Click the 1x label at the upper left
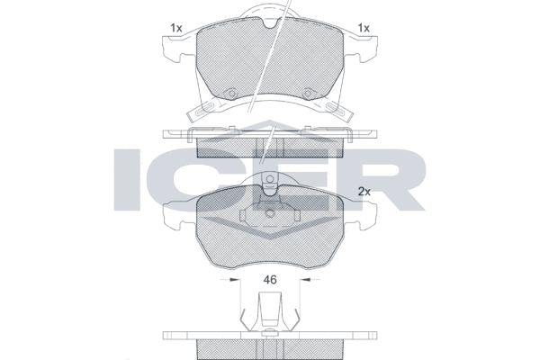tap(176, 28)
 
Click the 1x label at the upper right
tap(364, 28)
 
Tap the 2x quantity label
tap(364, 192)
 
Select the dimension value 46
tap(270, 280)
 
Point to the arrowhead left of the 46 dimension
tap(235, 279)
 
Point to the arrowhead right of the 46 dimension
tap(305, 279)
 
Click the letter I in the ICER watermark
tap(128, 179)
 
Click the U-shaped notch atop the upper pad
tap(270, 22)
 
